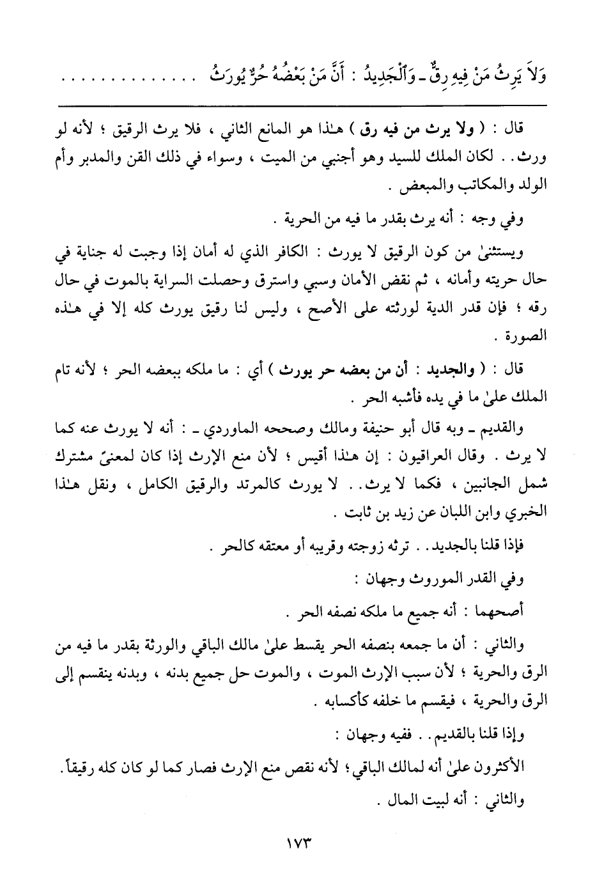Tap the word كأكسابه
(x=339, y=703)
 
